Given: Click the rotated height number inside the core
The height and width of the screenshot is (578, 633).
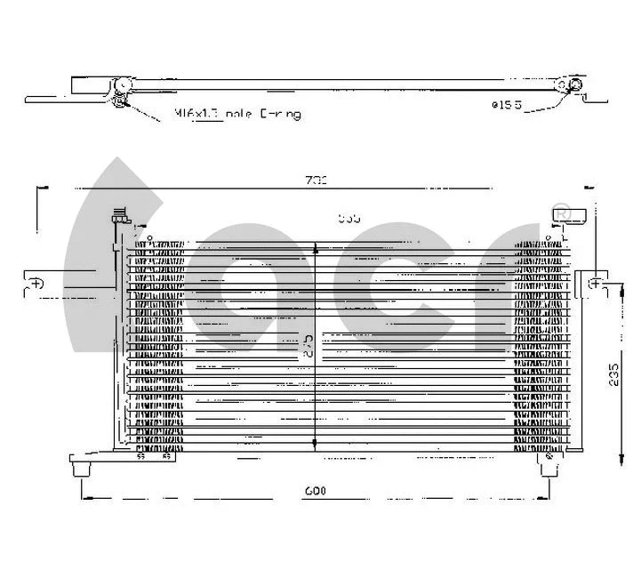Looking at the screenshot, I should click(307, 345).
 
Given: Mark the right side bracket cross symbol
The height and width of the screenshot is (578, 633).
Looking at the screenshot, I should click(595, 284).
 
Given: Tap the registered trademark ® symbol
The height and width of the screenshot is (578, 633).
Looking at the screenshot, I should click(561, 213).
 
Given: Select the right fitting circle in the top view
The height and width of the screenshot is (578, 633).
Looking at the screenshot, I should click(575, 86).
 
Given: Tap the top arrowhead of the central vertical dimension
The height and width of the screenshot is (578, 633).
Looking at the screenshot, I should click(316, 253).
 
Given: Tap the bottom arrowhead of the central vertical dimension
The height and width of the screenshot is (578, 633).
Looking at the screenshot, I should click(316, 447).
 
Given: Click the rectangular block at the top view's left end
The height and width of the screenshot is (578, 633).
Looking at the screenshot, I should click(88, 85).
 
